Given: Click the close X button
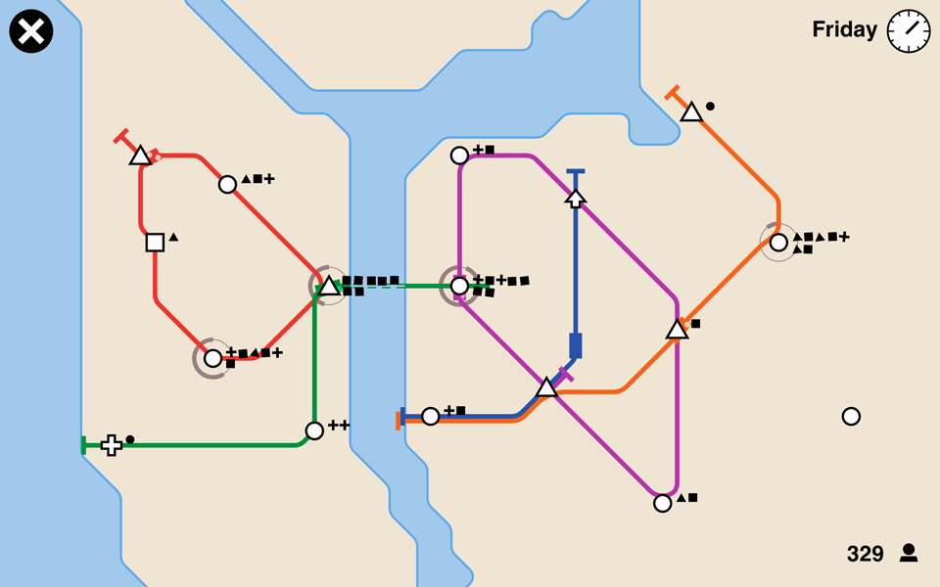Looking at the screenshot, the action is [31, 31].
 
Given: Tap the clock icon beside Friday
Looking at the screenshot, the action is [908, 30].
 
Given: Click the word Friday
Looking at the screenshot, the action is [844, 30].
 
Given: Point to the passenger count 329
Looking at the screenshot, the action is [866, 554].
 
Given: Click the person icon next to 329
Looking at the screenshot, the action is [909, 554].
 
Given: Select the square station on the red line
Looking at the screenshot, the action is [155, 242].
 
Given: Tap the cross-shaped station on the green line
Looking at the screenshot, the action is [112, 445].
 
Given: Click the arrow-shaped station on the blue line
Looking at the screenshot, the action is [576, 199].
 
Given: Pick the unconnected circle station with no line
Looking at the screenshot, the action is [851, 416].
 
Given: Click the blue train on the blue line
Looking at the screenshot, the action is [576, 345].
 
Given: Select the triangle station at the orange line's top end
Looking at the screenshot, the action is [691, 113].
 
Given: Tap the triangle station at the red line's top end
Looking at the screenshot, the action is [140, 156].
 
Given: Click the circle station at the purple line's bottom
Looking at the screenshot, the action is [663, 503].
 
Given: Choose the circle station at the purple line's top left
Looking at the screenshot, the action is [459, 156].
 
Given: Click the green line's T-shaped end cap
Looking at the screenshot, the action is [84, 445].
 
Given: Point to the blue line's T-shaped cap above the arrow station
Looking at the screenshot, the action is [576, 172].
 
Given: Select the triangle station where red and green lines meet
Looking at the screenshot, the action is [328, 287].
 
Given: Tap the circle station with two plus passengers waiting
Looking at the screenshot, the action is [314, 430].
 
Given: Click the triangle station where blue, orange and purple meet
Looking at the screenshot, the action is [546, 388].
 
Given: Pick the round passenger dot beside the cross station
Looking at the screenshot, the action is [130, 439].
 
